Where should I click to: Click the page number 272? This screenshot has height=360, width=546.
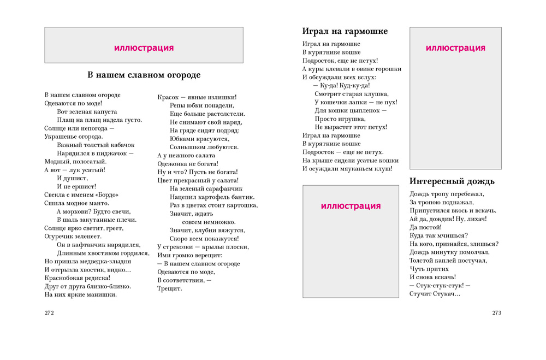[x=49, y=313]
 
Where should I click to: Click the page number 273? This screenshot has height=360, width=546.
[x=496, y=313]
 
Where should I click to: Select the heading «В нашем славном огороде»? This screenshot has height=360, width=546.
[x=144, y=75]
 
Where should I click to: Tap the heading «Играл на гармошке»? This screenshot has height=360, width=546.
[x=345, y=32]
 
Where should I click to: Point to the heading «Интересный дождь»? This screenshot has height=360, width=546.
[x=452, y=181]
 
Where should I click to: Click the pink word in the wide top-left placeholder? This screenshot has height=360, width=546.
[x=144, y=48]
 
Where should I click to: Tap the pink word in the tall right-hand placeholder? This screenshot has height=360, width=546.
[x=455, y=48]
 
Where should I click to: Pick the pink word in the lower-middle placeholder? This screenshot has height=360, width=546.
[x=351, y=206]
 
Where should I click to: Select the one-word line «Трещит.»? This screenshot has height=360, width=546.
[x=170, y=288]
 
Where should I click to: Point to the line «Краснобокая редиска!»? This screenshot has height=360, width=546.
[x=77, y=278]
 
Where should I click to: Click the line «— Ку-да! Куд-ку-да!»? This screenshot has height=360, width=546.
[x=342, y=86]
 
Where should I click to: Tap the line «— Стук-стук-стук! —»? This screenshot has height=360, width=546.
[x=440, y=285]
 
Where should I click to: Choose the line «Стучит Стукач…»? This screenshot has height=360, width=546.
[x=435, y=294]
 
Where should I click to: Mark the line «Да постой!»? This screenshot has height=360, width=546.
[x=425, y=227]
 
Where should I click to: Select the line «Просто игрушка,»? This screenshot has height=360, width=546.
[x=340, y=119]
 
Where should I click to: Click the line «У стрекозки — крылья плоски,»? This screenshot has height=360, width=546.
[x=203, y=247]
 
